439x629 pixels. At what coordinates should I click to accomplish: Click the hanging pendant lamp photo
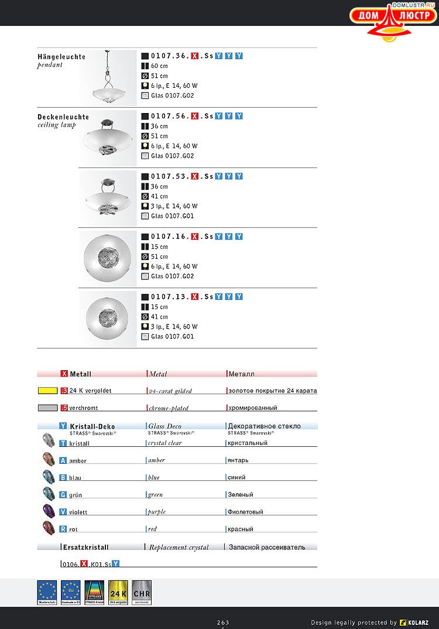click(108, 78)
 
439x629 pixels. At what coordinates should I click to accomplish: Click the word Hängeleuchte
click(61, 57)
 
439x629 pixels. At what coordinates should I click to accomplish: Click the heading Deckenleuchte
click(63, 117)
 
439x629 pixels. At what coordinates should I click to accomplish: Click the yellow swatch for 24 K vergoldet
click(47, 391)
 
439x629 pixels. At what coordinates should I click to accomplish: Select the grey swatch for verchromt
click(47, 408)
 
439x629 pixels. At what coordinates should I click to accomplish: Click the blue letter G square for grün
click(63, 495)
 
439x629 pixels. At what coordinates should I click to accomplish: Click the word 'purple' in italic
click(157, 512)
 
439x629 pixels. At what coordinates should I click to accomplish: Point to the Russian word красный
click(241, 529)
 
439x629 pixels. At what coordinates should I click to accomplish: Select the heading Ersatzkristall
click(85, 548)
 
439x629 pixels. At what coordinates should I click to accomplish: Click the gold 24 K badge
click(118, 592)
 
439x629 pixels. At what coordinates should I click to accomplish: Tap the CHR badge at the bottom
click(142, 592)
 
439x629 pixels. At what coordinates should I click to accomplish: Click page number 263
click(223, 623)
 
